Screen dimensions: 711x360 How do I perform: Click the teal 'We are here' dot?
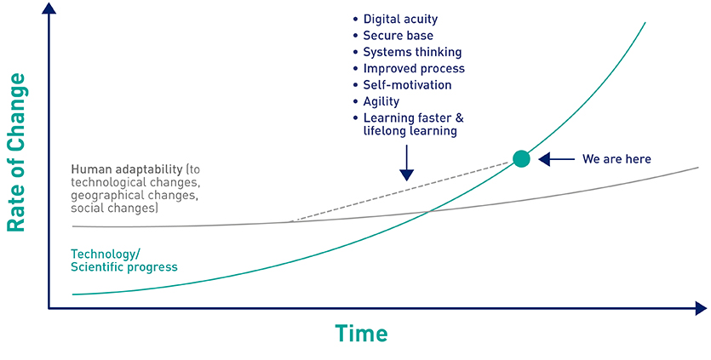pyautogui.click(x=521, y=158)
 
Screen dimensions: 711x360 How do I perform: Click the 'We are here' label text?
pyautogui.click(x=616, y=159)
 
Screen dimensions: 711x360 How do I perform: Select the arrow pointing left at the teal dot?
pyautogui.click(x=556, y=159)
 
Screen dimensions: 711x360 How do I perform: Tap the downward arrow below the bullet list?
pyautogui.click(x=407, y=163)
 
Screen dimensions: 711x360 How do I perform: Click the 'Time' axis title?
pyautogui.click(x=361, y=334)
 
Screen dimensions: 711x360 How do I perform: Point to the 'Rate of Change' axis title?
pyautogui.click(x=16, y=152)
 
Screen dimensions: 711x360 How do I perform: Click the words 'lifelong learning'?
pyautogui.click(x=410, y=131)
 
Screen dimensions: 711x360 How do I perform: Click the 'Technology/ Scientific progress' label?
pyautogui.click(x=123, y=260)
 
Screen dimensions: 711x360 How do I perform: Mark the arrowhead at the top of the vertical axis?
pyautogui.click(x=49, y=8)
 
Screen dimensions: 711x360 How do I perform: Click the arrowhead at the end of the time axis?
pyautogui.click(x=701, y=309)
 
